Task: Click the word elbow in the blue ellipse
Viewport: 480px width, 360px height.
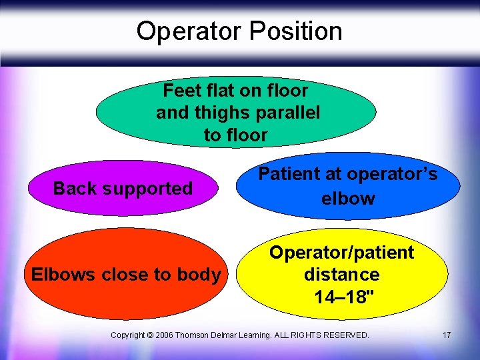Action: pos(347,198)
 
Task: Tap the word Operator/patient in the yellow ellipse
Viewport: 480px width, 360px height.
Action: pos(341,253)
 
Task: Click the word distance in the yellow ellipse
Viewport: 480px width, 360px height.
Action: pos(341,275)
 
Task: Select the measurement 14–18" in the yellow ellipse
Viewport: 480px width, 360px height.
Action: pos(341,297)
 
